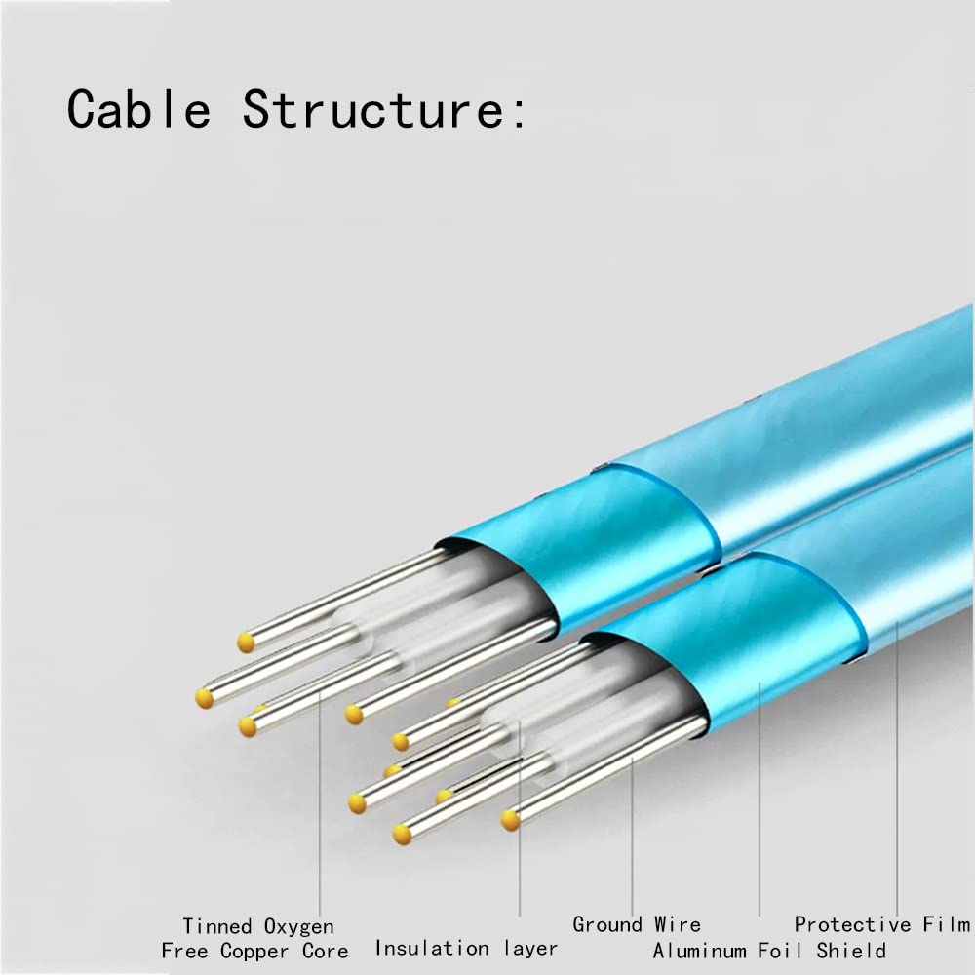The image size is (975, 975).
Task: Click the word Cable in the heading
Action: click(x=138, y=109)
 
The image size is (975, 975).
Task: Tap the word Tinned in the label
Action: click(x=217, y=926)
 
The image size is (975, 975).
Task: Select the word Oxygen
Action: click(x=299, y=927)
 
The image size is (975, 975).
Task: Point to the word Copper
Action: click(x=254, y=952)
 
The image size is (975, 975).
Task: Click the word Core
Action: click(x=326, y=951)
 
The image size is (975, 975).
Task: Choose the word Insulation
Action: click(x=432, y=948)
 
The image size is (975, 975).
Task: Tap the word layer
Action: click(x=530, y=949)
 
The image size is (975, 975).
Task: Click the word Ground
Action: click(x=606, y=924)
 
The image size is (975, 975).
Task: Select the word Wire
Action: click(x=678, y=924)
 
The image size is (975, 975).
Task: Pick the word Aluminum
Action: click(x=699, y=950)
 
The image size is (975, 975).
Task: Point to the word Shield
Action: click(x=851, y=950)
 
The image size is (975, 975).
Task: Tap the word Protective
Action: click(x=852, y=924)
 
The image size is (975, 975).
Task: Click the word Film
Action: click(x=947, y=924)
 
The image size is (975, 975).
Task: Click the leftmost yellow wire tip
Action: click(x=205, y=698)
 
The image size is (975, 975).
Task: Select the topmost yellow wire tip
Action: click(x=246, y=643)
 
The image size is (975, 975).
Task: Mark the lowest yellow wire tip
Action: click(x=403, y=835)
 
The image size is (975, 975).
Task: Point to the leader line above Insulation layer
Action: click(x=520, y=818)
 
